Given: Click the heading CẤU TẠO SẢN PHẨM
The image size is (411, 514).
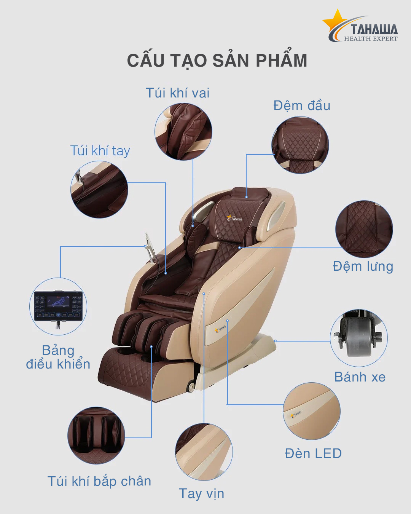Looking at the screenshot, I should (217, 61).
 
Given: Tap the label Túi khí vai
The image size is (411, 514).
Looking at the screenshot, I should (177, 93).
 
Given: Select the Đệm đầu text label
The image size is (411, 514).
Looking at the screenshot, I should (302, 105).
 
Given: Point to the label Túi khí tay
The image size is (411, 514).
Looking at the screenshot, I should (100, 151).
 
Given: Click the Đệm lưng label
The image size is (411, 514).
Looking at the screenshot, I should (363, 266).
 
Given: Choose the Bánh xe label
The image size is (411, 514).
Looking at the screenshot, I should (360, 377).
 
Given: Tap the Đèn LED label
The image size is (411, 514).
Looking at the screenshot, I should (313, 453).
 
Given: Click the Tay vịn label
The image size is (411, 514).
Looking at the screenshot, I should (202, 493).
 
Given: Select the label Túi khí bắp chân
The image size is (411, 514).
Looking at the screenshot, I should (99, 481).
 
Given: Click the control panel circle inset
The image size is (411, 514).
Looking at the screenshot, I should (58, 306).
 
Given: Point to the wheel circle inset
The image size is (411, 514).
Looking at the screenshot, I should (358, 338).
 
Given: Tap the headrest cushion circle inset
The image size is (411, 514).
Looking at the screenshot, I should (300, 145).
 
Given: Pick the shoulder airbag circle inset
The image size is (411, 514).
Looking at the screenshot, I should (183, 132).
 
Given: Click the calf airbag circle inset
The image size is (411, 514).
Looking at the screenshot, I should (96, 435).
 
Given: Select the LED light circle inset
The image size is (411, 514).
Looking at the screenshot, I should (312, 411).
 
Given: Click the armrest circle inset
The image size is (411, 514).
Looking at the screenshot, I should (204, 452).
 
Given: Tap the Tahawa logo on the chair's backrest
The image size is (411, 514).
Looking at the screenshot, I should (235, 218).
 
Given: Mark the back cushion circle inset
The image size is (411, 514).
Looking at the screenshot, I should (364, 229).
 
